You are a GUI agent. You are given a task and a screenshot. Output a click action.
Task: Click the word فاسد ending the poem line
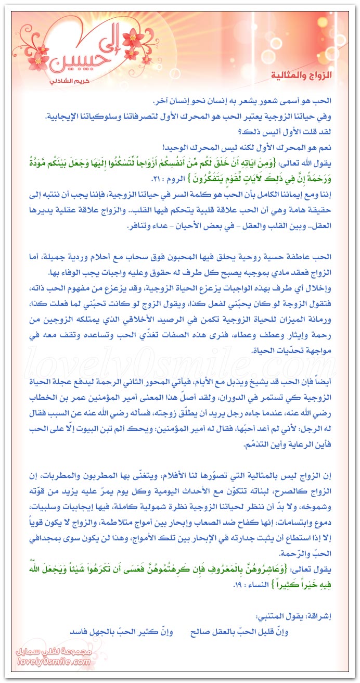[81, 632]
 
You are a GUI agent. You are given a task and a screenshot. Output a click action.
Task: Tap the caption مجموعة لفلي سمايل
[52, 652]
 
